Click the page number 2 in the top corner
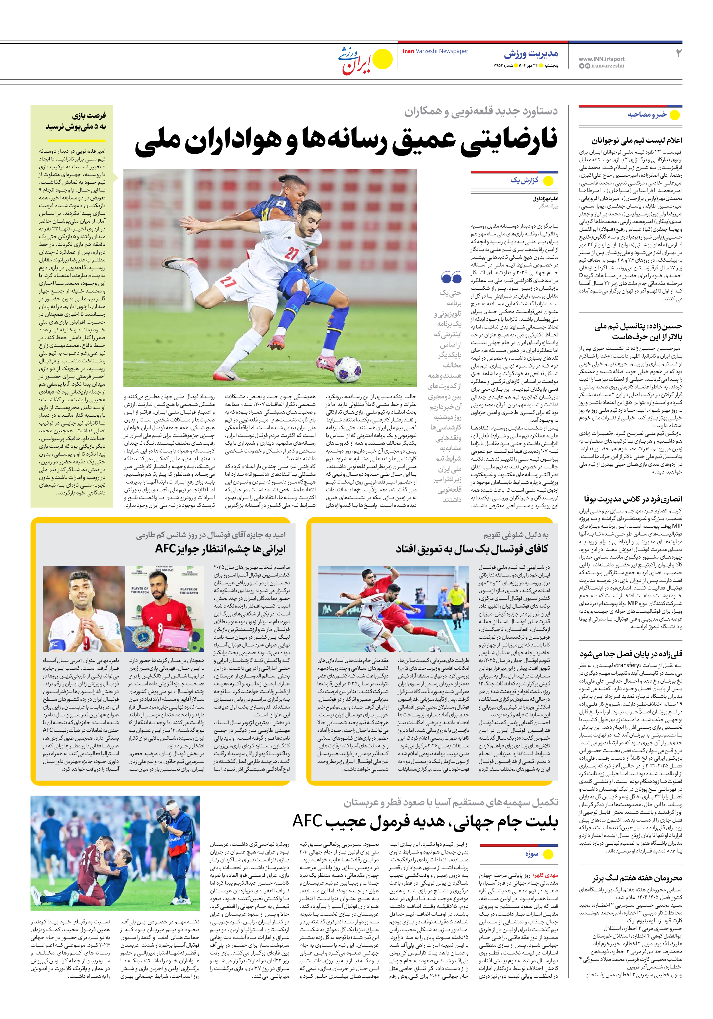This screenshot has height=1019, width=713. click(x=678, y=53)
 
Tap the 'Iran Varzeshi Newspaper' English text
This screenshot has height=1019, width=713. click(x=435, y=51)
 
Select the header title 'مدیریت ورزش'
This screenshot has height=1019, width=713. click(x=531, y=54)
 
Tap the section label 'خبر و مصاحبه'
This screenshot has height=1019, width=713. click(x=647, y=114)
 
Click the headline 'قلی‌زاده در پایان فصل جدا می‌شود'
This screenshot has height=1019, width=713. click(x=631, y=654)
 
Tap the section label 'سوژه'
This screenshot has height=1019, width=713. click(x=532, y=854)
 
